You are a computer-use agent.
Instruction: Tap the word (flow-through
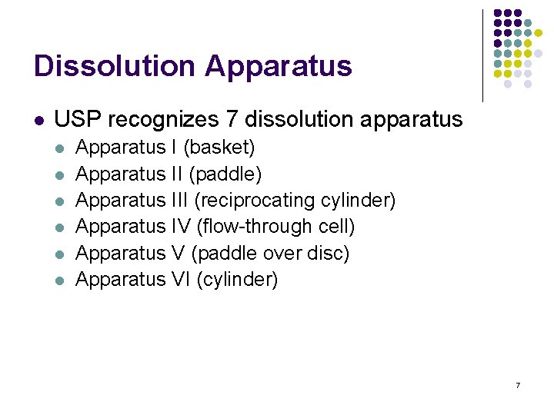click(x=255, y=227)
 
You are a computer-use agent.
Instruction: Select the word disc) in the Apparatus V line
click(x=327, y=253)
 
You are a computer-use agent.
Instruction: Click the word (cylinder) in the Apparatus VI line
click(x=238, y=279)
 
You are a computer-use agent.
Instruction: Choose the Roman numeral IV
click(x=181, y=227)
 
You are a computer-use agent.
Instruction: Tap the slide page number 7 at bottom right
click(x=518, y=384)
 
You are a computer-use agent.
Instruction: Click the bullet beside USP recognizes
click(x=38, y=121)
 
